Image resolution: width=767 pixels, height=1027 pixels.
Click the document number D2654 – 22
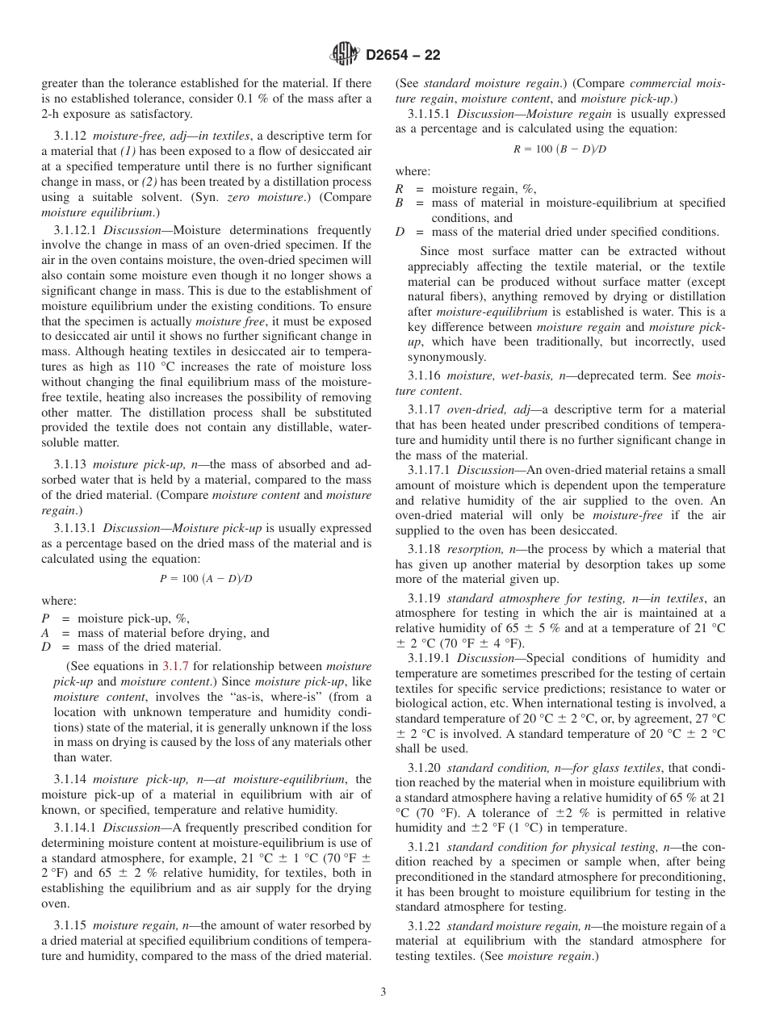403,56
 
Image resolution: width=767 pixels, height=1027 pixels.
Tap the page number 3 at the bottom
383,992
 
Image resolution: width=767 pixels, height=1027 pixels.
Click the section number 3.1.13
69,464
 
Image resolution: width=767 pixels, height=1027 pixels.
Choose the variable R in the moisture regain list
400,189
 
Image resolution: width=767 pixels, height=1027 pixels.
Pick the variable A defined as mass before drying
45,633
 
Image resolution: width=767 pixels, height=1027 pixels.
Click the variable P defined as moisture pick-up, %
45,619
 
